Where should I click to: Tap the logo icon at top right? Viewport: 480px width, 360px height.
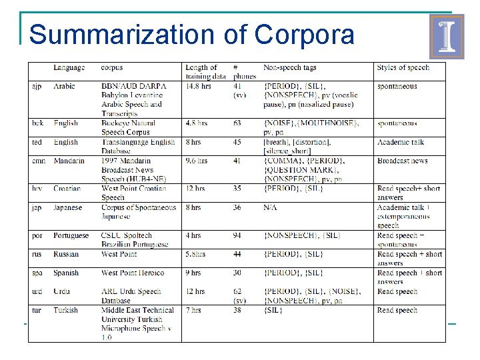pyautogui.click(x=446, y=37)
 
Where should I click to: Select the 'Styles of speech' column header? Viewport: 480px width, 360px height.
pyautogui.click(x=403, y=67)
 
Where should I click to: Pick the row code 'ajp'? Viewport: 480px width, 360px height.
pyautogui.click(x=37, y=86)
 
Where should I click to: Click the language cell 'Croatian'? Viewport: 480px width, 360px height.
pyautogui.click(x=67, y=189)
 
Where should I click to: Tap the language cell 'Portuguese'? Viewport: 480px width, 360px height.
pyautogui.click(x=71, y=235)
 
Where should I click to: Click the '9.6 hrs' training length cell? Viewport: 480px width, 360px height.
pyautogui.click(x=197, y=161)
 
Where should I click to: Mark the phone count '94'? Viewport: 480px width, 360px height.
pyautogui.click(x=238, y=235)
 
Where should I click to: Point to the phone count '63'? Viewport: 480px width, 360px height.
pyautogui.click(x=238, y=123)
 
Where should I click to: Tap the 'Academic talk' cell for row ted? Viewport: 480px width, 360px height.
pyautogui.click(x=400, y=142)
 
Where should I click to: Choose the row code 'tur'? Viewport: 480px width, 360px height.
pyautogui.click(x=37, y=310)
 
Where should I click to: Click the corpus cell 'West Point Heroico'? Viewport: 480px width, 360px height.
pyautogui.click(x=133, y=273)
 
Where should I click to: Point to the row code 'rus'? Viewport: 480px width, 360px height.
pyautogui.click(x=37, y=254)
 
